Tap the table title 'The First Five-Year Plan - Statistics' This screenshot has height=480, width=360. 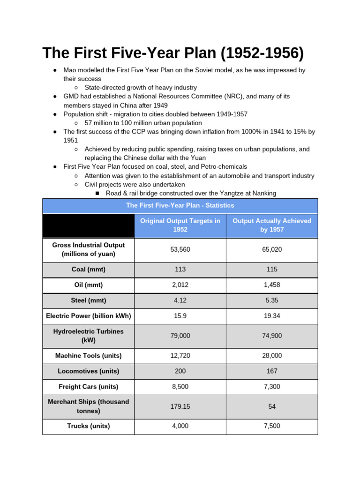(180, 205)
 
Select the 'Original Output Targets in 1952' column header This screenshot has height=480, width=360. (180, 225)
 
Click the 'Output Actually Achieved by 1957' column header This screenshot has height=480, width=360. (272, 225)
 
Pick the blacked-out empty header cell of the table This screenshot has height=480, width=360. (88, 225)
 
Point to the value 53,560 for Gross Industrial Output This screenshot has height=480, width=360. (180, 250)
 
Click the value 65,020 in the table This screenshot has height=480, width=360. (272, 250)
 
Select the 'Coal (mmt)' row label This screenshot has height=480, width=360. (88, 270)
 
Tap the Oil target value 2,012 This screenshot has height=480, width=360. (180, 285)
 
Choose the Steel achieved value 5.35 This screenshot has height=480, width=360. (272, 300)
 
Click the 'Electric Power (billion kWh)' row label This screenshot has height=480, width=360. (88, 316)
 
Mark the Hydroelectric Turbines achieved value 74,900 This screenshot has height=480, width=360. (272, 336)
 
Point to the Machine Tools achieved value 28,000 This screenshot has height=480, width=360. (272, 356)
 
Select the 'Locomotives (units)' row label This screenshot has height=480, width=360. (88, 371)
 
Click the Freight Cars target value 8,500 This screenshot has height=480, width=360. (180, 387)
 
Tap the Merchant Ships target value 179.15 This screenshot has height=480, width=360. (180, 406)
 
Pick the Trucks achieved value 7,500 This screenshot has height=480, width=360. (272, 426)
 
